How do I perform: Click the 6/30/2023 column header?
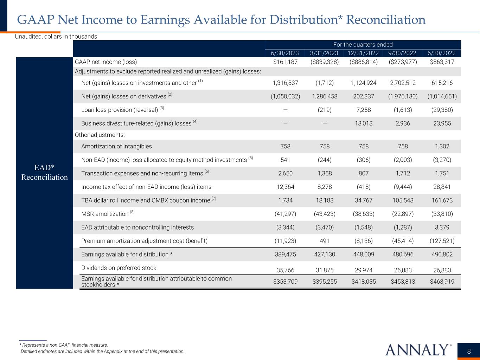coord(284,53)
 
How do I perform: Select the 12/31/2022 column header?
coord(364,53)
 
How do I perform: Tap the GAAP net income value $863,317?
coord(442,62)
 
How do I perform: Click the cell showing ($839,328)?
coord(324,62)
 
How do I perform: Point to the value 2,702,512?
coord(403,83)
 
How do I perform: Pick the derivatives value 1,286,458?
coord(324,96)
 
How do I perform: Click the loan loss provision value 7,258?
coord(364,110)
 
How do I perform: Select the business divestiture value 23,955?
coord(442,123)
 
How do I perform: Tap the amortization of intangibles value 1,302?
coord(442,146)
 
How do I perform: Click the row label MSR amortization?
coord(105,214)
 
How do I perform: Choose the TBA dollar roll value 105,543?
coord(403,200)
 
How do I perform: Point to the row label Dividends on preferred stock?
coord(119,268)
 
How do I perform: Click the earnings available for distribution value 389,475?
coord(284,254)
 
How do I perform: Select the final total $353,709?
coord(284,281)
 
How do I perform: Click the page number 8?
coord(469,351)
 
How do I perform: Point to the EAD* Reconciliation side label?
coord(44,172)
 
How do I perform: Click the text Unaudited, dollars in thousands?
coord(56,37)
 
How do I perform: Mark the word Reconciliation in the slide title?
coord(386,20)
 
